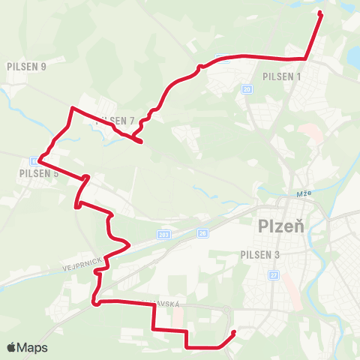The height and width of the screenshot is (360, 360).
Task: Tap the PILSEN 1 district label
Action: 282,76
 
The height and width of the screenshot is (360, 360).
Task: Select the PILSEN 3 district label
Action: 260,255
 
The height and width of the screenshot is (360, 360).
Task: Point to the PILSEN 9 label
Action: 26,66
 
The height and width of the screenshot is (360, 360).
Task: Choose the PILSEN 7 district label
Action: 116,121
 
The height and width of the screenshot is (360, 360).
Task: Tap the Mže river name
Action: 304,193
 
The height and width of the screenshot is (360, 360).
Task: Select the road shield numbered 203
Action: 164,235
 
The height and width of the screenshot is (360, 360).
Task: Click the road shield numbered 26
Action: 202,233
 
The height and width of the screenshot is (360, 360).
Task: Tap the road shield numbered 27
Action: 273,274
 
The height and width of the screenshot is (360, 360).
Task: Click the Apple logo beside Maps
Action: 12,348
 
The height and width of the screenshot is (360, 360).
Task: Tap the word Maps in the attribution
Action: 32,348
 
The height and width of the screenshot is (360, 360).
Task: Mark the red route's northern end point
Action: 321,13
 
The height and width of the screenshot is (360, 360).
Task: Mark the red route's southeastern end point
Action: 234,332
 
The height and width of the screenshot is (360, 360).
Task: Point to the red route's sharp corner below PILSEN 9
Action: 72,109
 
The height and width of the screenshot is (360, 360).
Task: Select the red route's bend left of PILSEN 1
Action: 199,67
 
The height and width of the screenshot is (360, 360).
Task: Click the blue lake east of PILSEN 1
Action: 353,57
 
